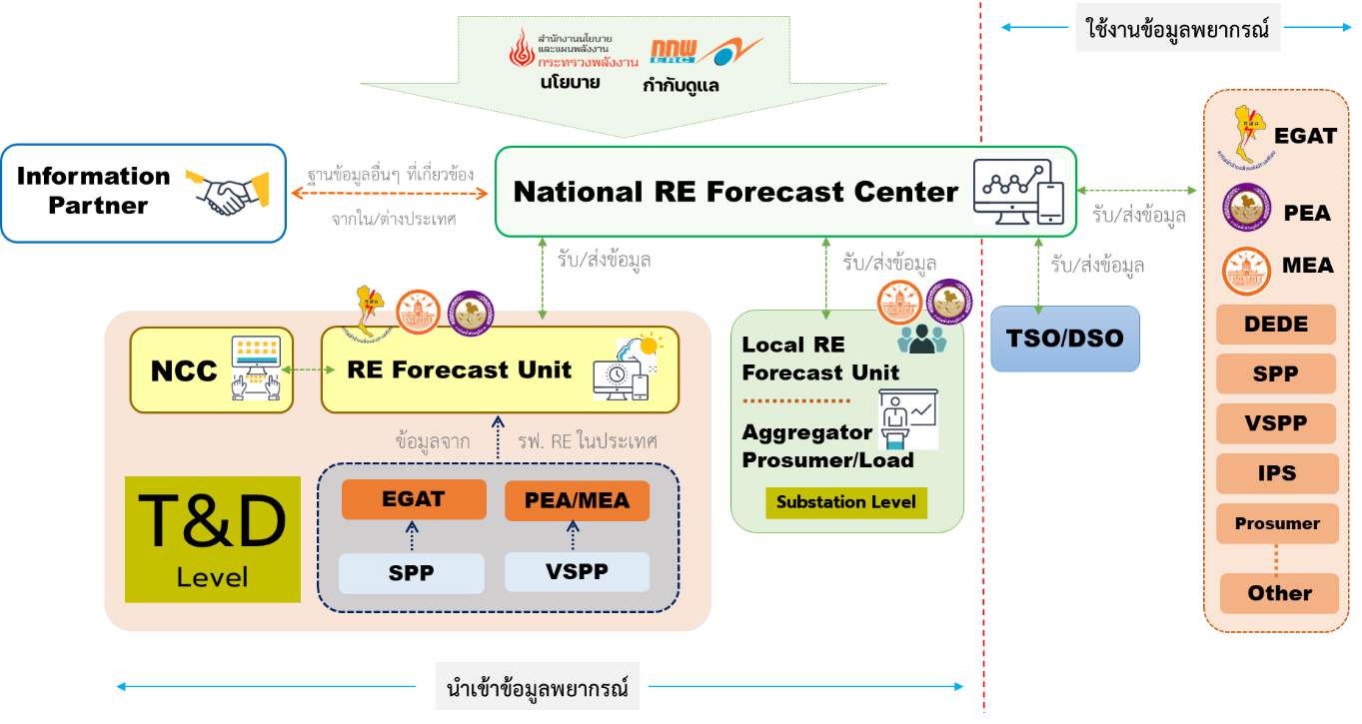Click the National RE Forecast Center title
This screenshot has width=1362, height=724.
tap(735, 192)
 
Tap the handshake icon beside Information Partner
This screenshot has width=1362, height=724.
tap(227, 194)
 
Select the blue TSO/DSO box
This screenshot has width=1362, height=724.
tap(1066, 339)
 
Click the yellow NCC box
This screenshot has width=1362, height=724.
tap(212, 369)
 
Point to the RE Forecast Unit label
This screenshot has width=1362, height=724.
tap(459, 369)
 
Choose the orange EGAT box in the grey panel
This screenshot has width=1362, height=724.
tap(414, 499)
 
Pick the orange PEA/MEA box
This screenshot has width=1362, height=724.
tap(577, 500)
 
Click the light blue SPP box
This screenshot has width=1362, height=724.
tap(411, 573)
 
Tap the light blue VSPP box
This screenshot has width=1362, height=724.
tap(577, 572)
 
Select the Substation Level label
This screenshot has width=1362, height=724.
tap(845, 502)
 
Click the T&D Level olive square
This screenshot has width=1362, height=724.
tap(212, 539)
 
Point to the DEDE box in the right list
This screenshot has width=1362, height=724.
tap(1275, 324)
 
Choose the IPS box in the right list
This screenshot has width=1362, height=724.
tap(1275, 472)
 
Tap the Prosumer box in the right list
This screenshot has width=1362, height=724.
tap(1276, 523)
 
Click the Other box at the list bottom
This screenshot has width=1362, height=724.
tap(1279, 593)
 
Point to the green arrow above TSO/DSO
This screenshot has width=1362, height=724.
tap(1038, 272)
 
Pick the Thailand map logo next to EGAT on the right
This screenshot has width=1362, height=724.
tap(1249, 131)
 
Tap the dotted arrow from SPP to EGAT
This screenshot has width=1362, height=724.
tap(412, 537)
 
